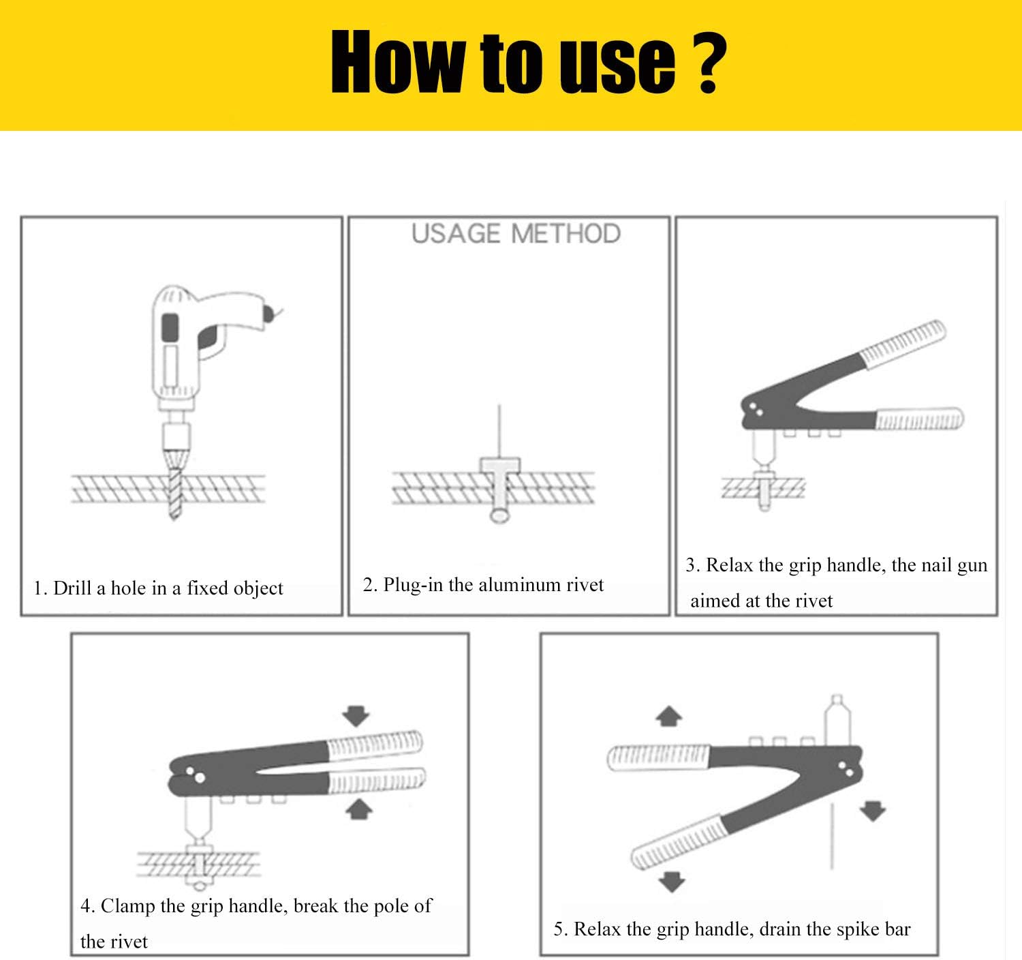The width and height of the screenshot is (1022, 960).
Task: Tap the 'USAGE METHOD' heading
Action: [x=516, y=234]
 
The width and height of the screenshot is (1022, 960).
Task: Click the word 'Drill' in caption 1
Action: [x=72, y=588]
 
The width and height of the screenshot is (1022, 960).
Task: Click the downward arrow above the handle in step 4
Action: [x=356, y=716]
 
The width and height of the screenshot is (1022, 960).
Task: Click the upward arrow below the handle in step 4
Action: [x=359, y=809]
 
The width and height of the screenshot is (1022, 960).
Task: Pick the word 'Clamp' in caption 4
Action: [x=127, y=906]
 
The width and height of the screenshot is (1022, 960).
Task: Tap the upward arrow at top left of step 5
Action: [x=668, y=716]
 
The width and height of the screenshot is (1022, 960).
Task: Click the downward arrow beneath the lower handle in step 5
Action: [x=672, y=882]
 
